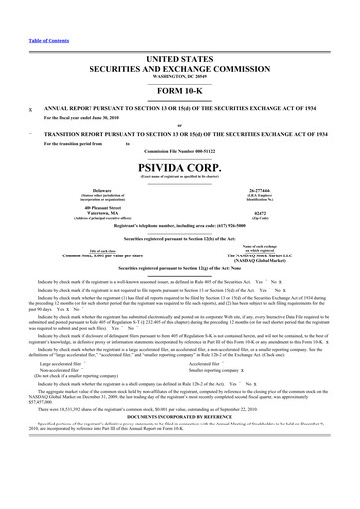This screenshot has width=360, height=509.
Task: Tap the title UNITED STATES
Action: [x=179, y=33]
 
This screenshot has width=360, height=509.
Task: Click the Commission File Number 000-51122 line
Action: [x=179, y=150]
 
